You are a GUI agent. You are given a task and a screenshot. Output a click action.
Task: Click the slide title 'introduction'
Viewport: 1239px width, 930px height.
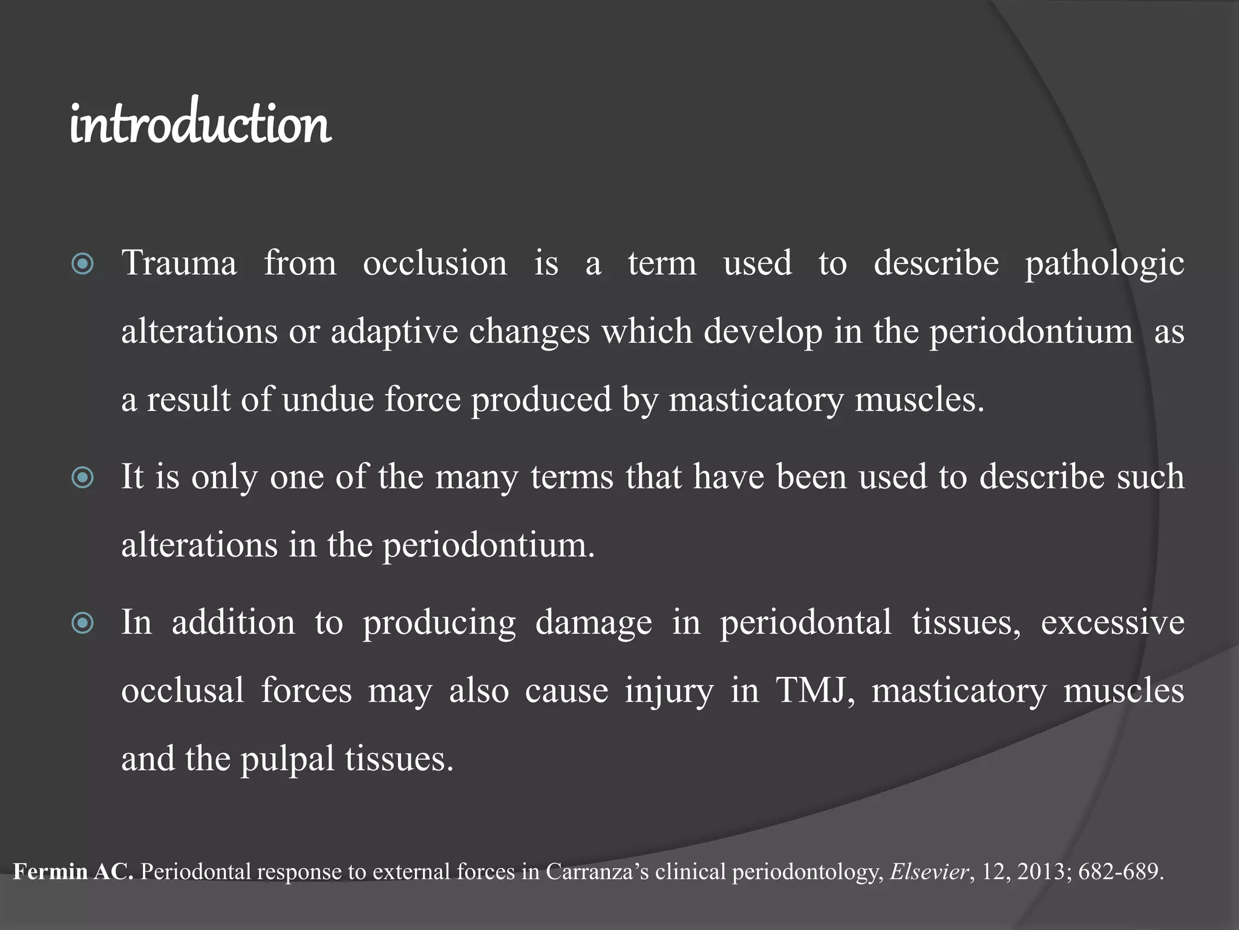pyautogui.click(x=200, y=124)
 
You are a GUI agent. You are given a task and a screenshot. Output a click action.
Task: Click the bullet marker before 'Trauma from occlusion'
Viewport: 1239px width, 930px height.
pyautogui.click(x=83, y=265)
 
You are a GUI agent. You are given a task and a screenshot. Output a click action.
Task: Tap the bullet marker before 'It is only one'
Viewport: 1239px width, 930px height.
pyautogui.click(x=83, y=478)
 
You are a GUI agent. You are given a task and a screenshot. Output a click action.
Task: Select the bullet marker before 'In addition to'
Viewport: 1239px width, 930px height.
pyautogui.click(x=83, y=623)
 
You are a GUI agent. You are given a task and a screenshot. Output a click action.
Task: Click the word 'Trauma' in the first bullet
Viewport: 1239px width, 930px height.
pyautogui.click(x=179, y=263)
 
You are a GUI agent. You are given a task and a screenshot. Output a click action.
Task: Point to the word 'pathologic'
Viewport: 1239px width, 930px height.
pyautogui.click(x=1104, y=265)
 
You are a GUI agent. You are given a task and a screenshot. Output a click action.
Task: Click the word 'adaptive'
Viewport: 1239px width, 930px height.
pyautogui.click(x=394, y=332)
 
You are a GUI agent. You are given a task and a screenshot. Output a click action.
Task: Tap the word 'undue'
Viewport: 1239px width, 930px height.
pyautogui.click(x=328, y=400)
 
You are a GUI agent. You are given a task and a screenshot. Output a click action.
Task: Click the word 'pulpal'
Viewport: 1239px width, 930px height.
pyautogui.click(x=287, y=759)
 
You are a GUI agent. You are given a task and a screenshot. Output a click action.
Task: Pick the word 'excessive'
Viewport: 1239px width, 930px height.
pyautogui.click(x=1112, y=622)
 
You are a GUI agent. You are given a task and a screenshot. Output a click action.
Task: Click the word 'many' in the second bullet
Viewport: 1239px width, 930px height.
pyautogui.click(x=476, y=477)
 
